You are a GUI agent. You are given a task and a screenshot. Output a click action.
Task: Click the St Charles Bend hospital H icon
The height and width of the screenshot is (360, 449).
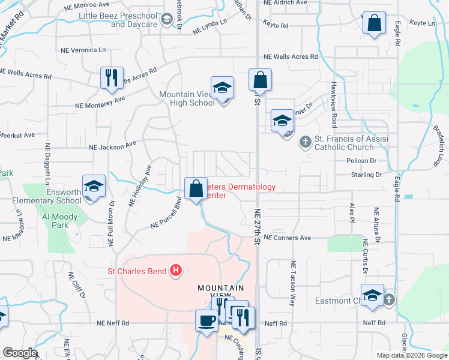coord(176,271)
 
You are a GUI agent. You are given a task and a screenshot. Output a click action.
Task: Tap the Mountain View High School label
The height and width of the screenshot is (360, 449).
coord(186,98)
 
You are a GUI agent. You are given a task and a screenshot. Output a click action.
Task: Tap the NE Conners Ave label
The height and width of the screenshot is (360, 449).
coord(287,238)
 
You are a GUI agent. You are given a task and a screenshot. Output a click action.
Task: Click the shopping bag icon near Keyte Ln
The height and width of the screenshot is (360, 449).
coord(373,25)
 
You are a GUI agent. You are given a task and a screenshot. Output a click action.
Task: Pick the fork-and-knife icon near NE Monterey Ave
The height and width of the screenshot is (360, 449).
coord(112,78)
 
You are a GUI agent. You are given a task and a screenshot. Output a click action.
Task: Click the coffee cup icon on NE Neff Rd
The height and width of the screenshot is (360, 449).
coord(206,320)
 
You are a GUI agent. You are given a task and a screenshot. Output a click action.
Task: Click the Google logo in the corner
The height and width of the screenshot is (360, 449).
coord(20,353)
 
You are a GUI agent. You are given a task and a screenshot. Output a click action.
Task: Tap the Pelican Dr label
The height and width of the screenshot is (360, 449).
coord(361,161)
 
